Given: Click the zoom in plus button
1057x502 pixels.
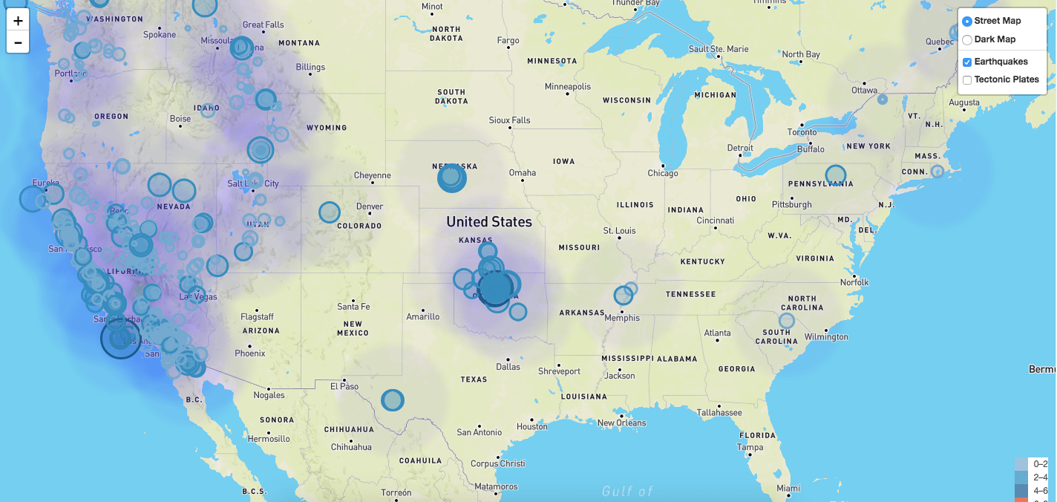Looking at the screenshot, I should click(x=18, y=20).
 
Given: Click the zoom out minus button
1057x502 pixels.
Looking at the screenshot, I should click(x=18, y=42).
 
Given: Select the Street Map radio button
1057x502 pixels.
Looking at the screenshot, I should click(x=967, y=22).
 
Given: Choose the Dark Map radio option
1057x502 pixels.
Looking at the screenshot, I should click(x=967, y=40).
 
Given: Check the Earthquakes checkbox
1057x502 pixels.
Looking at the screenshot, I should click(x=967, y=62).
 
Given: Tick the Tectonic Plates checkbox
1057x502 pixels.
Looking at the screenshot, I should click(x=967, y=80).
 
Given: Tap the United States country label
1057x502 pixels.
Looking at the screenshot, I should click(x=489, y=221).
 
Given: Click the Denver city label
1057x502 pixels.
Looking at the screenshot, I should click(x=370, y=206).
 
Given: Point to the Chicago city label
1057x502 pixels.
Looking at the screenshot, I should click(x=663, y=173).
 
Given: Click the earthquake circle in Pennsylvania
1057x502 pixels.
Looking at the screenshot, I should click(x=836, y=175).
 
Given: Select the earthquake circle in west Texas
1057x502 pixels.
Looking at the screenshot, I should click(x=393, y=400).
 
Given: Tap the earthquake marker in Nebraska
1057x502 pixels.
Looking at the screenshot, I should click(x=451, y=177).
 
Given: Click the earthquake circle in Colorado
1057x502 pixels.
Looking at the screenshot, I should click(x=330, y=212).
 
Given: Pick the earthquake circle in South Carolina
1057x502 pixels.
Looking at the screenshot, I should click(x=787, y=321).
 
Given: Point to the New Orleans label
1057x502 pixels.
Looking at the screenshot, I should click(x=621, y=423).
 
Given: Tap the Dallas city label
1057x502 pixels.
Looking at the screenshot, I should click(x=508, y=366).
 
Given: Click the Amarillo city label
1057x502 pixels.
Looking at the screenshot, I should click(x=423, y=316).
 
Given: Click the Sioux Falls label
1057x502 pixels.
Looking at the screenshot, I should click(x=510, y=120).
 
